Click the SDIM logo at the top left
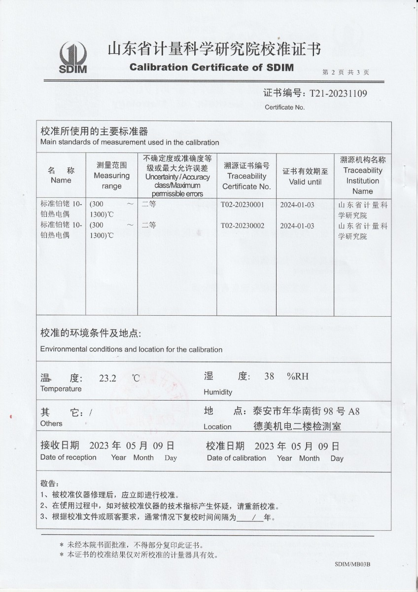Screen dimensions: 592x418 [72, 57]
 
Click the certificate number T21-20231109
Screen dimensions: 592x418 [338, 93]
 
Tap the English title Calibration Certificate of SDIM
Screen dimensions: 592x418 [211, 67]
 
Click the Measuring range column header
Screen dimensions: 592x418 [111, 176]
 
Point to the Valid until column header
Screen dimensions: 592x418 [305, 177]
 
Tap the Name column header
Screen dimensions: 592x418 [61, 176]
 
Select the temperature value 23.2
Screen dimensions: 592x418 [107, 378]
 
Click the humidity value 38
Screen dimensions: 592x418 [269, 376]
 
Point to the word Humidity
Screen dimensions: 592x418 [218, 392]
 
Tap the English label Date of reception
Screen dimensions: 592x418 [69, 457]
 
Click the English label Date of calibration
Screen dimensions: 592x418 [236, 458]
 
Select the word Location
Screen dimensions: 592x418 [217, 427]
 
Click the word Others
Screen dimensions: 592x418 [51, 423]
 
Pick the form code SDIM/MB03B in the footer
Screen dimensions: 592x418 [352, 564]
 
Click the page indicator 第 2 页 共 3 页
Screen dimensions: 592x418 [346, 72]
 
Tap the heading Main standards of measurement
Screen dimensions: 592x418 [130, 143]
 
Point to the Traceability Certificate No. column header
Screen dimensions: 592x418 [246, 176]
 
